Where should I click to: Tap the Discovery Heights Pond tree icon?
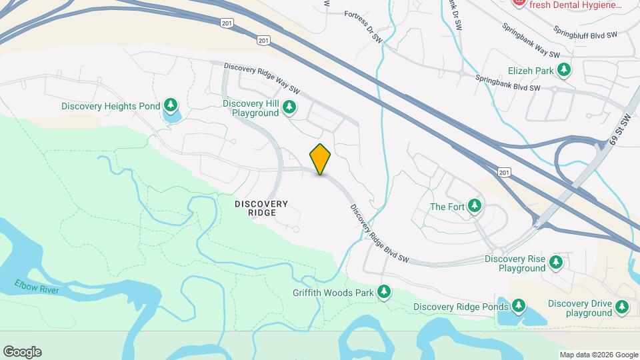pyautogui.click(x=171, y=105)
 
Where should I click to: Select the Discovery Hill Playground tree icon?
pyautogui.click(x=289, y=107)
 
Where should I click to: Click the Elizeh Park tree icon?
pyautogui.click(x=565, y=69)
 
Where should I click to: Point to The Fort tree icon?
pyautogui.click(x=475, y=206)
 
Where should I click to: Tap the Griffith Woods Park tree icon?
pyautogui.click(x=383, y=292)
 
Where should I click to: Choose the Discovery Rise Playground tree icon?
pyautogui.click(x=555, y=263)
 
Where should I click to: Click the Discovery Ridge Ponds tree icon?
pyautogui.click(x=519, y=307)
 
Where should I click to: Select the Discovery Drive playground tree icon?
pyautogui.click(x=622, y=307)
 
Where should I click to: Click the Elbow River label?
pyautogui.click(x=37, y=287)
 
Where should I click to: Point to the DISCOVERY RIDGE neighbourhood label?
pyautogui.click(x=261, y=208)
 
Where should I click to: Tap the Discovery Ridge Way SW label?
pyautogui.click(x=263, y=77)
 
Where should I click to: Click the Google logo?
pyautogui.click(x=22, y=352)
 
